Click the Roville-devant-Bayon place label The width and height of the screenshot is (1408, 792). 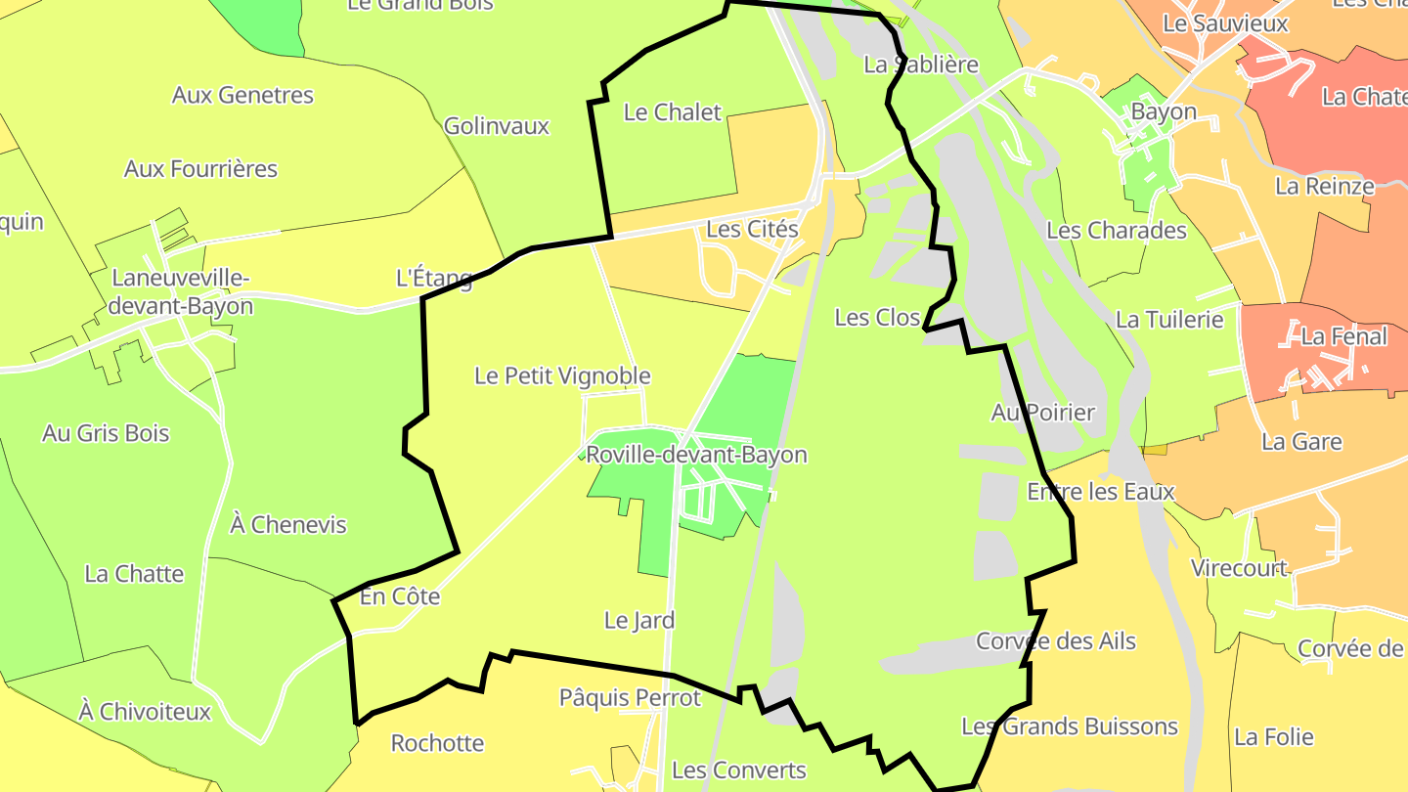[x=696, y=455]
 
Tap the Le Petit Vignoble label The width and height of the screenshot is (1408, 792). [x=562, y=375]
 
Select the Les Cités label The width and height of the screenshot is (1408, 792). [x=752, y=230]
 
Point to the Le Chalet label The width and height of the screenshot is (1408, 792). [x=673, y=112]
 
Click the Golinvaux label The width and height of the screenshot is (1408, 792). [x=497, y=126]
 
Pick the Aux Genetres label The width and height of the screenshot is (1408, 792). [x=242, y=95]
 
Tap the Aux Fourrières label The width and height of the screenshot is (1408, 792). [x=200, y=169]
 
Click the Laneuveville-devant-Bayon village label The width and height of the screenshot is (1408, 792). [x=181, y=292]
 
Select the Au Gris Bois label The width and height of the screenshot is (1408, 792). [x=106, y=433]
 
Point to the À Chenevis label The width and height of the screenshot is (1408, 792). [x=288, y=525]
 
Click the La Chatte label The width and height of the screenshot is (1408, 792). [x=134, y=574]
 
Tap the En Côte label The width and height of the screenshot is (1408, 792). [x=400, y=596]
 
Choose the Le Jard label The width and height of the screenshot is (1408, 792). [x=639, y=620]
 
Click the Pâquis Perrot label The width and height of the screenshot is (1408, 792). [x=630, y=698]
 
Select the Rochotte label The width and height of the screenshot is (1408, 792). [x=437, y=743]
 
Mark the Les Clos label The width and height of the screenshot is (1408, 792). [x=877, y=318]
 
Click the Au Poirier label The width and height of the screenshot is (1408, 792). [x=1043, y=413]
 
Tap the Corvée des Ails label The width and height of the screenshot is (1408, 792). [x=1056, y=641]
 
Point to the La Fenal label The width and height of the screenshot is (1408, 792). [x=1344, y=337]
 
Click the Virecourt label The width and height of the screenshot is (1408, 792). [x=1239, y=568]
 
